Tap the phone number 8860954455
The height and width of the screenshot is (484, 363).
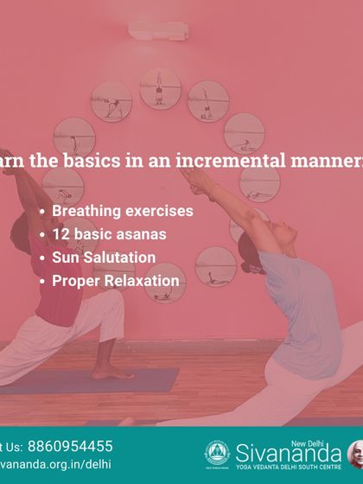71,447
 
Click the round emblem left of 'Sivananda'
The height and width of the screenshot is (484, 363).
216,453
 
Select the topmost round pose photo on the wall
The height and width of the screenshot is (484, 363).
161,87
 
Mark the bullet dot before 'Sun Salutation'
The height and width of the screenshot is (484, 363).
43,258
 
